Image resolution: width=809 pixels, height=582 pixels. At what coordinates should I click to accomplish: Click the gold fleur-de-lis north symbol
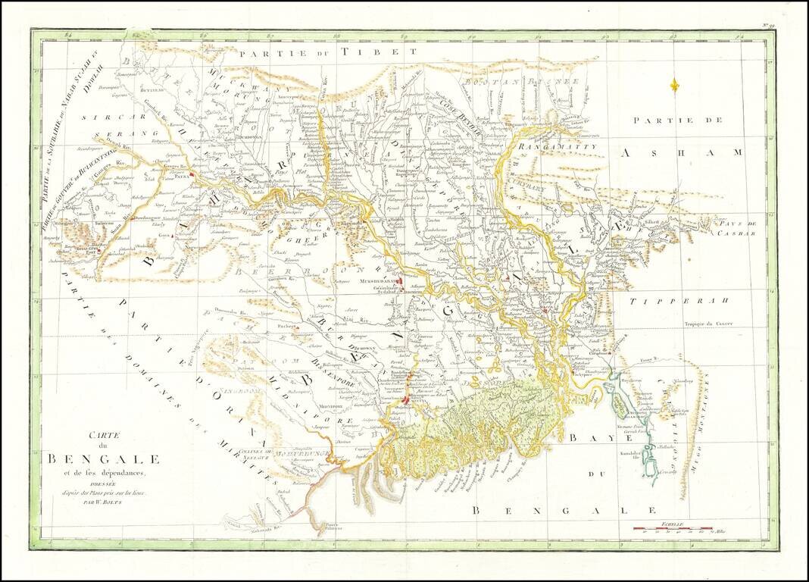click(x=674, y=85)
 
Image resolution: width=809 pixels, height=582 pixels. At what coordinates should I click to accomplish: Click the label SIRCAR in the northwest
click(x=111, y=119)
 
